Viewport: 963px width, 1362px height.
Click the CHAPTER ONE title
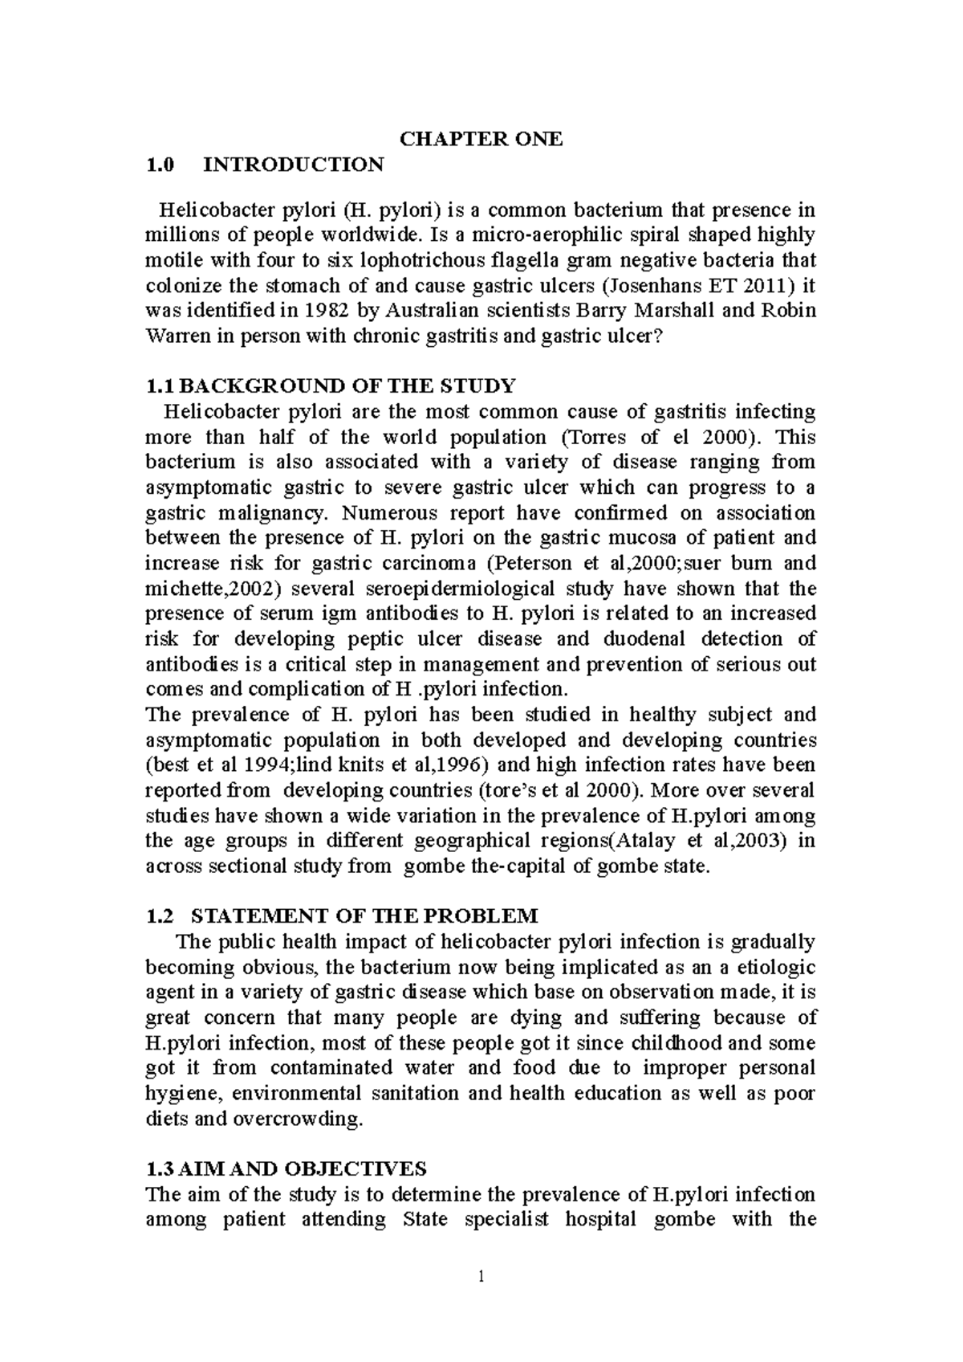481,139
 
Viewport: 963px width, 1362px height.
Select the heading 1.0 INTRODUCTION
265,165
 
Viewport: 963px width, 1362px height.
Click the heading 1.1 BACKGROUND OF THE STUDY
329,386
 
